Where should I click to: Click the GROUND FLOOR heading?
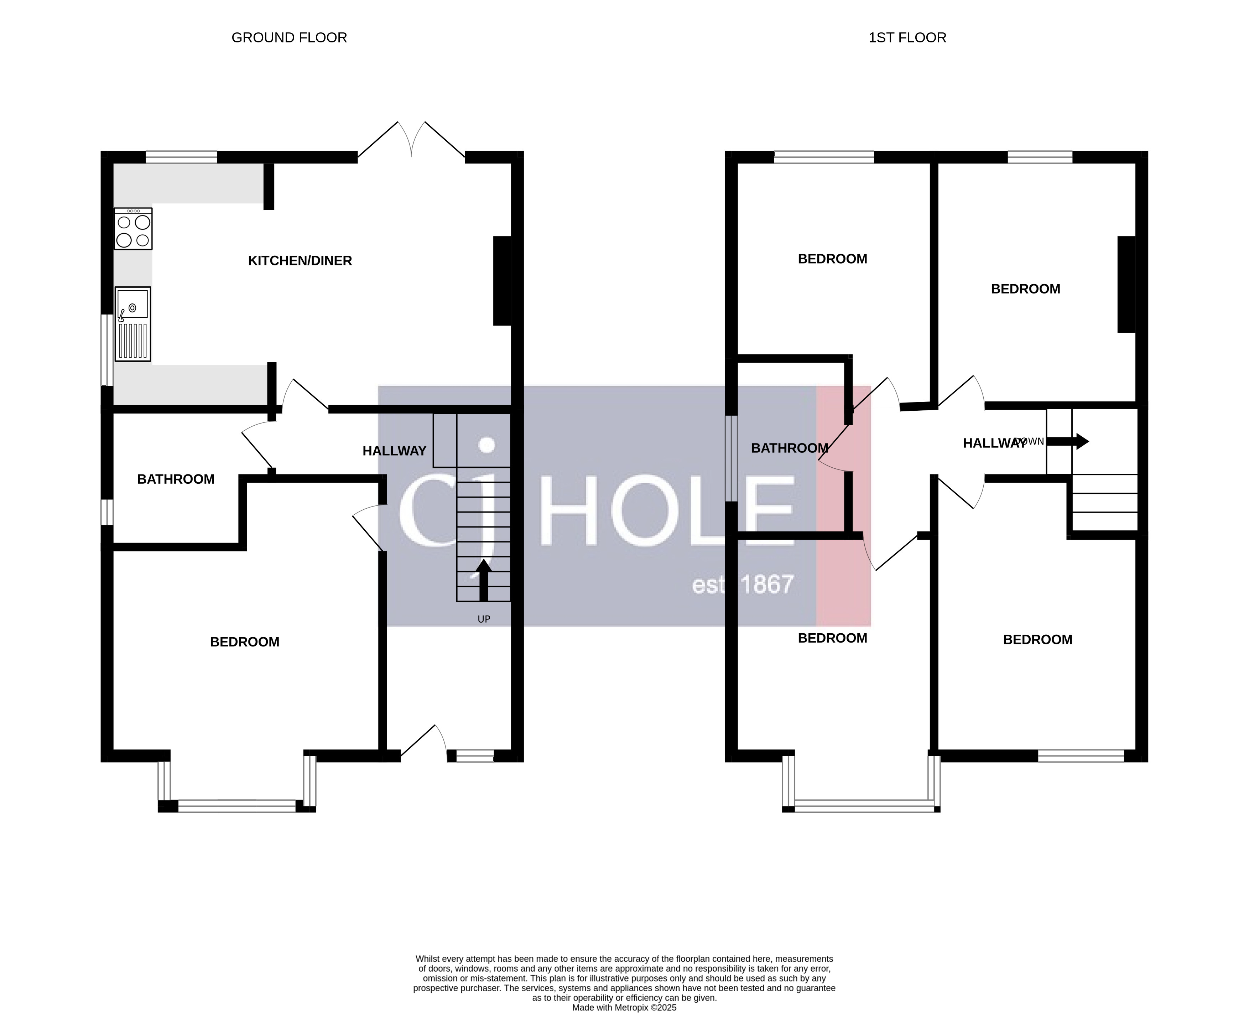point(289,38)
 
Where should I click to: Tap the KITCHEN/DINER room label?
point(300,261)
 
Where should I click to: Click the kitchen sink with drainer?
point(133,324)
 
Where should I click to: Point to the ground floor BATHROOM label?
point(176,479)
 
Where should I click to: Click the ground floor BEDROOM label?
point(244,642)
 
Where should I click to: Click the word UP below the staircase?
point(484,619)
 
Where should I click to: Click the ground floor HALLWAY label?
point(394,451)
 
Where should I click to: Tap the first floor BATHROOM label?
point(789,448)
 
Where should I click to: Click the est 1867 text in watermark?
point(742,585)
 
